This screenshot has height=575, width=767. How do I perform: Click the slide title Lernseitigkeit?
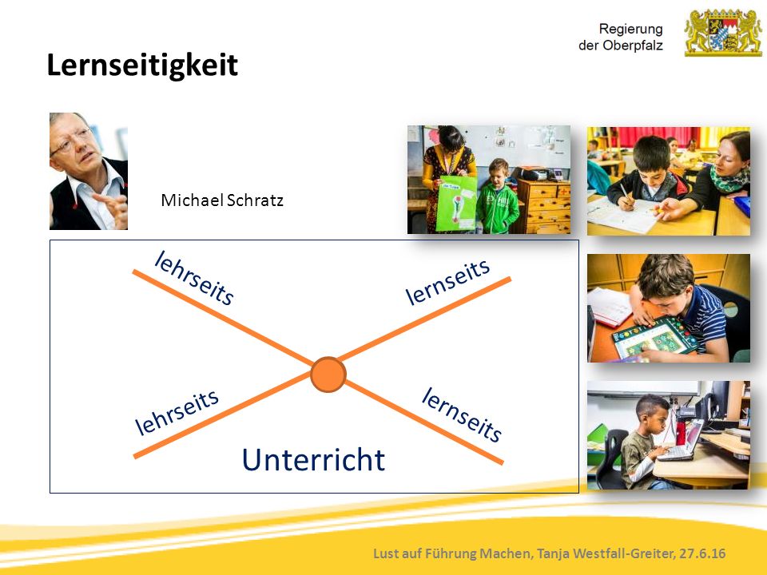pyautogui.click(x=142, y=65)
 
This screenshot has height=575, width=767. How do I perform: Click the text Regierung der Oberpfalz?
pyautogui.click(x=620, y=38)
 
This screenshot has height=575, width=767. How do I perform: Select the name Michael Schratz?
pyautogui.click(x=222, y=200)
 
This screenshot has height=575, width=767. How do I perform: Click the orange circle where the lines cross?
pyautogui.click(x=328, y=375)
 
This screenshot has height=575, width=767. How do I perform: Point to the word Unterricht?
pyautogui.click(x=313, y=460)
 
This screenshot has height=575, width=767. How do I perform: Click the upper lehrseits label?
pyautogui.click(x=194, y=278)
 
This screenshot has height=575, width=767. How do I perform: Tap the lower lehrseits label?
pyautogui.click(x=177, y=412)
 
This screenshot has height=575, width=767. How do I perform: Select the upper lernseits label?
pyautogui.click(x=447, y=282)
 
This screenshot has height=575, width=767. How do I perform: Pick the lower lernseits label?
pyautogui.click(x=462, y=414)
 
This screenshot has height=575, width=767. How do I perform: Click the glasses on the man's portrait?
pyautogui.click(x=71, y=141)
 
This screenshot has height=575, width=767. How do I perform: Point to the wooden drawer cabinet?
pyautogui.click(x=543, y=206)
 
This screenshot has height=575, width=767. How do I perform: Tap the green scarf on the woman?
pyautogui.click(x=729, y=180)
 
